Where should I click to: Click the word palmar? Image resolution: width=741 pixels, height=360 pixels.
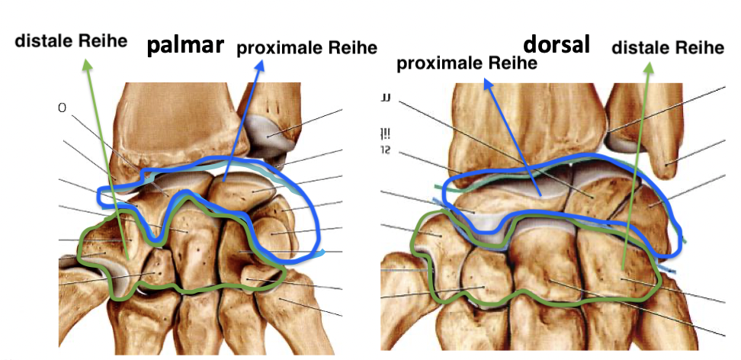click(186, 46)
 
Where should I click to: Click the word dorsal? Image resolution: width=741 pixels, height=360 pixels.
click(557, 43)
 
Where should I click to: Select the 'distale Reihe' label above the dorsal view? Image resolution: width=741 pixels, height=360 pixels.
click(667, 48)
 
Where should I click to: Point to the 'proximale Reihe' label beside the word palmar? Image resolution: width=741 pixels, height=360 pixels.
click(306, 48)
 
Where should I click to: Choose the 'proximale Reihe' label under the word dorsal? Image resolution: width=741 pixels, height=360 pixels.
click(467, 63)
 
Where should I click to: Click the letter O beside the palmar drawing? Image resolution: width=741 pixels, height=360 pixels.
click(61, 108)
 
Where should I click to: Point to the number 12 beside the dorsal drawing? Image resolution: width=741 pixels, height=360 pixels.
click(387, 149)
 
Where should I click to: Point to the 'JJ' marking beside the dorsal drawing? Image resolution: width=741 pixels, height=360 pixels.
click(387, 98)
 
